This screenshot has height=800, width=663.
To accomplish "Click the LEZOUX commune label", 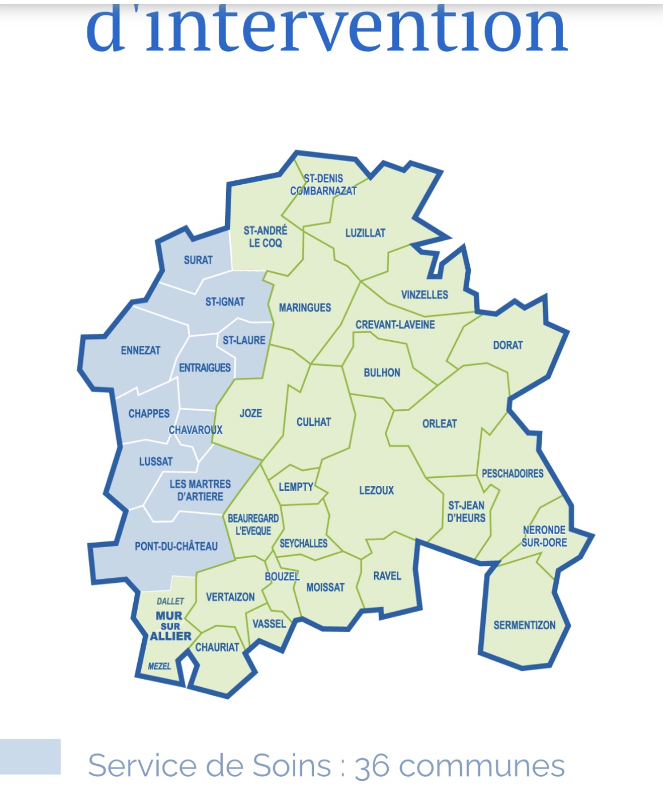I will click(376, 490).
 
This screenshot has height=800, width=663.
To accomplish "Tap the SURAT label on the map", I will click(198, 260).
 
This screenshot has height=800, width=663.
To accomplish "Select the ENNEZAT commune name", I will click(141, 350).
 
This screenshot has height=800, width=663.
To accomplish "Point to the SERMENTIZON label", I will click(524, 625).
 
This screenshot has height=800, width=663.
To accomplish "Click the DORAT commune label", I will click(508, 345).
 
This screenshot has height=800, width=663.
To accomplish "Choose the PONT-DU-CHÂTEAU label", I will click(176, 547).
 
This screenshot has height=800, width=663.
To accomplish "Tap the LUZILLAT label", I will click(365, 233).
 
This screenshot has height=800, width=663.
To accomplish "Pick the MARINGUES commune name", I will click(305, 308).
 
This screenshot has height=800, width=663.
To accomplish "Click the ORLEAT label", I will click(439, 424).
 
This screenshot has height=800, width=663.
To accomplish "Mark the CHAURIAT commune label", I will click(217, 647).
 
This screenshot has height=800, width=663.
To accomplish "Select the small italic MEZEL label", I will click(159, 666).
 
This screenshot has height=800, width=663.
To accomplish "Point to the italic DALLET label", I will click(170, 601).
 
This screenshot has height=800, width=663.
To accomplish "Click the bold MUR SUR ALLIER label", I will click(170, 626).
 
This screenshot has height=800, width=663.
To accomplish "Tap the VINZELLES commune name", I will click(424, 295).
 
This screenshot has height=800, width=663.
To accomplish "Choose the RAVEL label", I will click(387, 576).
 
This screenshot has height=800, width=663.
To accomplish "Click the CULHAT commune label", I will click(313, 422).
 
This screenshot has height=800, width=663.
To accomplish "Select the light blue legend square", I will click(30, 756).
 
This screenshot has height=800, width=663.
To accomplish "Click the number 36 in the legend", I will click(372, 767).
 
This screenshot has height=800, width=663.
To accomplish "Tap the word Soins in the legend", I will click(291, 766).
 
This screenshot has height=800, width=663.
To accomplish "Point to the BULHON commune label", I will click(382, 373).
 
